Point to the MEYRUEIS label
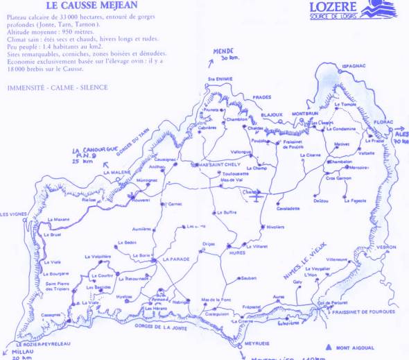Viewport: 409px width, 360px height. tap(255, 343)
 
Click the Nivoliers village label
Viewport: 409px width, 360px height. tap(275, 226)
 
